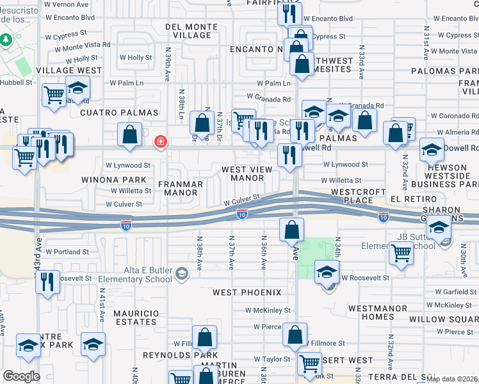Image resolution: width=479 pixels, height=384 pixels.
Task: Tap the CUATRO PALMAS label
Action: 118,113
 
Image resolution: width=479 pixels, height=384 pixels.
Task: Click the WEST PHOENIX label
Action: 247,292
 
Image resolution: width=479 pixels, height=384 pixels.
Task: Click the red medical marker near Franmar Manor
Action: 160,142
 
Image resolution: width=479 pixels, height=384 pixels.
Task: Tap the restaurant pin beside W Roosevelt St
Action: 47,282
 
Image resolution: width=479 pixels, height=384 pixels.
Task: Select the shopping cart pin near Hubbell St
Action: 54,95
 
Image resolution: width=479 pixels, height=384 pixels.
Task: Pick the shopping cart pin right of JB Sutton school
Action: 401,253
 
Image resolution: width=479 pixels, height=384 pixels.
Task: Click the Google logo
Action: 21,376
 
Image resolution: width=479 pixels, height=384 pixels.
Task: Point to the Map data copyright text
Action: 451,378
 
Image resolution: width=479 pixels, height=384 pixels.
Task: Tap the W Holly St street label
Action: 136,58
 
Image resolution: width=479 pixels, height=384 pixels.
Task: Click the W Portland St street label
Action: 67,252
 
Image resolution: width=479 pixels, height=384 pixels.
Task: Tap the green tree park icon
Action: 7,40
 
